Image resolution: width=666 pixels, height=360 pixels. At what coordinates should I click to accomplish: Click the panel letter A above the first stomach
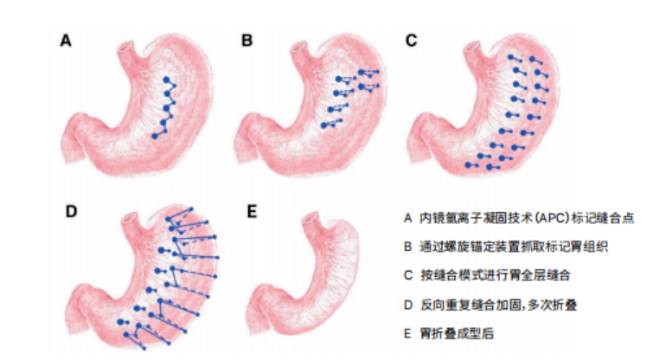click(x=65, y=40)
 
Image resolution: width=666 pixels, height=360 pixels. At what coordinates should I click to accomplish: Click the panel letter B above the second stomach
click(x=247, y=40)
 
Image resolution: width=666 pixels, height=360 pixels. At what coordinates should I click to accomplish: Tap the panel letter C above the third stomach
click(x=411, y=40)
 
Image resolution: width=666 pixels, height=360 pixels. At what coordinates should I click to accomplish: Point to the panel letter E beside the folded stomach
click(x=252, y=211)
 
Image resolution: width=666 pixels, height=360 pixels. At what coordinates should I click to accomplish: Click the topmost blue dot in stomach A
click(x=166, y=79)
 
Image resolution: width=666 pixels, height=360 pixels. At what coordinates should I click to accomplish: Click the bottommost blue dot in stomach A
click(x=154, y=137)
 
